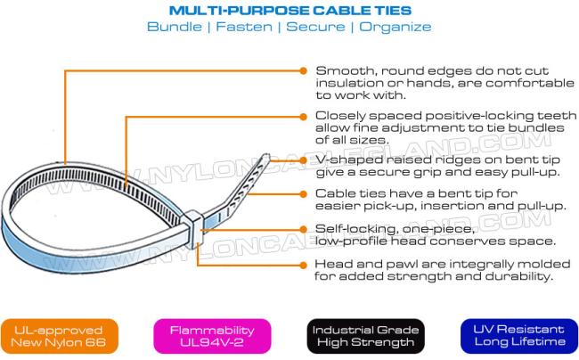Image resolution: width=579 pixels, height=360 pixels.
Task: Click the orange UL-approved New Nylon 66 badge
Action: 59,336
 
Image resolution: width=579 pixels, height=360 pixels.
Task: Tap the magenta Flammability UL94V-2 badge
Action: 212,336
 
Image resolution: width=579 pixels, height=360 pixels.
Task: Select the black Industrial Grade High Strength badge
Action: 365,336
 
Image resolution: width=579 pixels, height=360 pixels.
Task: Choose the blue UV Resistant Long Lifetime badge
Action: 519,336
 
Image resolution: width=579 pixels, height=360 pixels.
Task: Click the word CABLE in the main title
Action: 342,11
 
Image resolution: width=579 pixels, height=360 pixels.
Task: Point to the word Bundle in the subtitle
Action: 175,27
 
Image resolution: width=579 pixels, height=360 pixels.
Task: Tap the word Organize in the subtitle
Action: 396,28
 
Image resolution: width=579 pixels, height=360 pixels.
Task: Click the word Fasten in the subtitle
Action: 244,27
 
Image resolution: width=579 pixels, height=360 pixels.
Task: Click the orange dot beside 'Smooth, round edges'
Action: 303,70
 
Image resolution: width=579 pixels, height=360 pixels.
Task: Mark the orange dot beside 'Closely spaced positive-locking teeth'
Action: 303,117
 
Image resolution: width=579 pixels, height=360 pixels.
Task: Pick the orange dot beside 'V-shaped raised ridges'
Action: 303,160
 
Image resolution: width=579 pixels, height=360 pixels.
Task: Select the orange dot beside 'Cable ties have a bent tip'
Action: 303,194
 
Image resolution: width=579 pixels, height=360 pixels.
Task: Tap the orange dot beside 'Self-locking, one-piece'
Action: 303,229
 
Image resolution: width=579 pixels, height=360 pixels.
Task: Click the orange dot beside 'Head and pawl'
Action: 303,265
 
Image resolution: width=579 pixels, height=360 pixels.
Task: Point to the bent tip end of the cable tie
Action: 266,157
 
